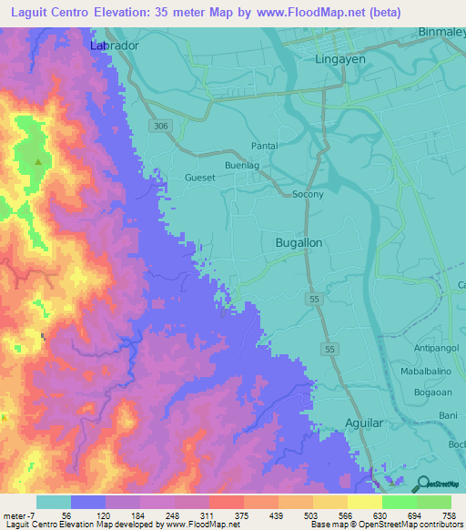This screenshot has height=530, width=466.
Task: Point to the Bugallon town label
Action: point(299,243)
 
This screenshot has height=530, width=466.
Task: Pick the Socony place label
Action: point(308,195)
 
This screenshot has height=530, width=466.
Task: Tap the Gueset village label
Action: point(199,178)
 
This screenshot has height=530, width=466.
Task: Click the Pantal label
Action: point(265,147)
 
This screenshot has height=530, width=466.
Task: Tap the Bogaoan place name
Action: point(432,392)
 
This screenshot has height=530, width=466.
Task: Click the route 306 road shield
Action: point(162,126)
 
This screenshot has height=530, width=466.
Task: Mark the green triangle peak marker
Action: point(38,162)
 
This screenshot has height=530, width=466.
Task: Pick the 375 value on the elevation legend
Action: point(224,515)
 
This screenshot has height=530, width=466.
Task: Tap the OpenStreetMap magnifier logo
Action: point(423,484)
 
